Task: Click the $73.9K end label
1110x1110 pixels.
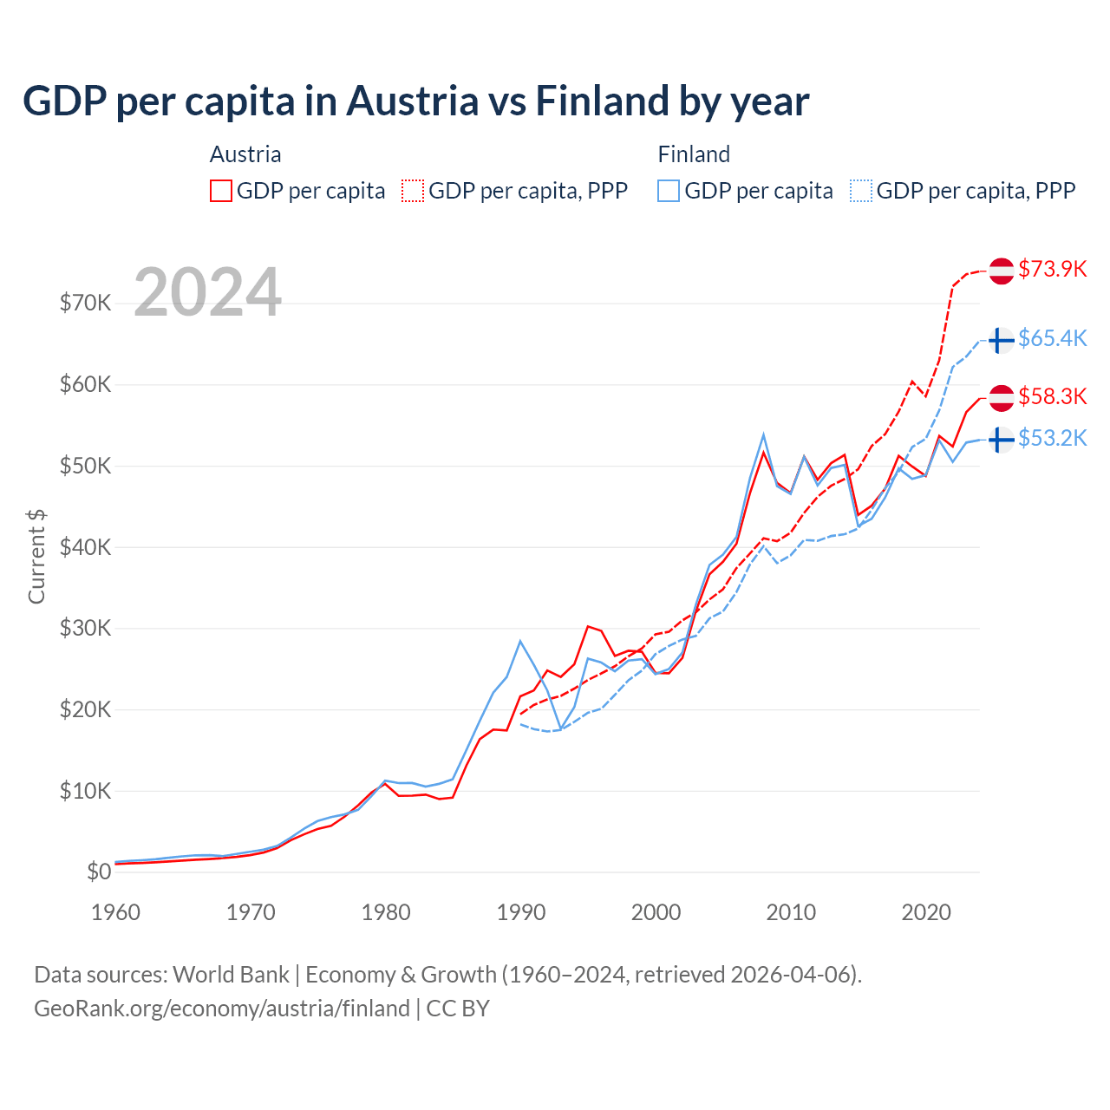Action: (1052, 269)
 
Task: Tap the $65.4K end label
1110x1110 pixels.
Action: (1052, 338)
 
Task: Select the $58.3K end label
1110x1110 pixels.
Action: (1052, 396)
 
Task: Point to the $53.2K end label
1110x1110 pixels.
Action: (1052, 438)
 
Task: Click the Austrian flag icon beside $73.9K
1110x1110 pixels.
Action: (1002, 271)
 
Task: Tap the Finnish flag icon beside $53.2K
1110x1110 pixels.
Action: (1002, 440)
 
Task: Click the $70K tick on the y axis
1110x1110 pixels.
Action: (85, 303)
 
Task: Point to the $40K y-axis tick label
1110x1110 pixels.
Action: (85, 547)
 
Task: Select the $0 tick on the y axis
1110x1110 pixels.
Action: (98, 872)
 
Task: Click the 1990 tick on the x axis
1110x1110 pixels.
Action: (521, 912)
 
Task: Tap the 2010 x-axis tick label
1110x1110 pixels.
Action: (791, 912)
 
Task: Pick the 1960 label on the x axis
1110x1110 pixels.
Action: (115, 912)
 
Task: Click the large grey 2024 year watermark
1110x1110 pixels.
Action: (207, 292)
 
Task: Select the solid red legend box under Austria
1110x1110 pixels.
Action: (221, 191)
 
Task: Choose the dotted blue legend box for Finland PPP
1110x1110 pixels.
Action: (861, 191)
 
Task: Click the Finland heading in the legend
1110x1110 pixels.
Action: (694, 154)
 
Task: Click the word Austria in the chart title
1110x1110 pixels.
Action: (412, 101)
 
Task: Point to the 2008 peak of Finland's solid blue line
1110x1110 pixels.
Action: (763, 434)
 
